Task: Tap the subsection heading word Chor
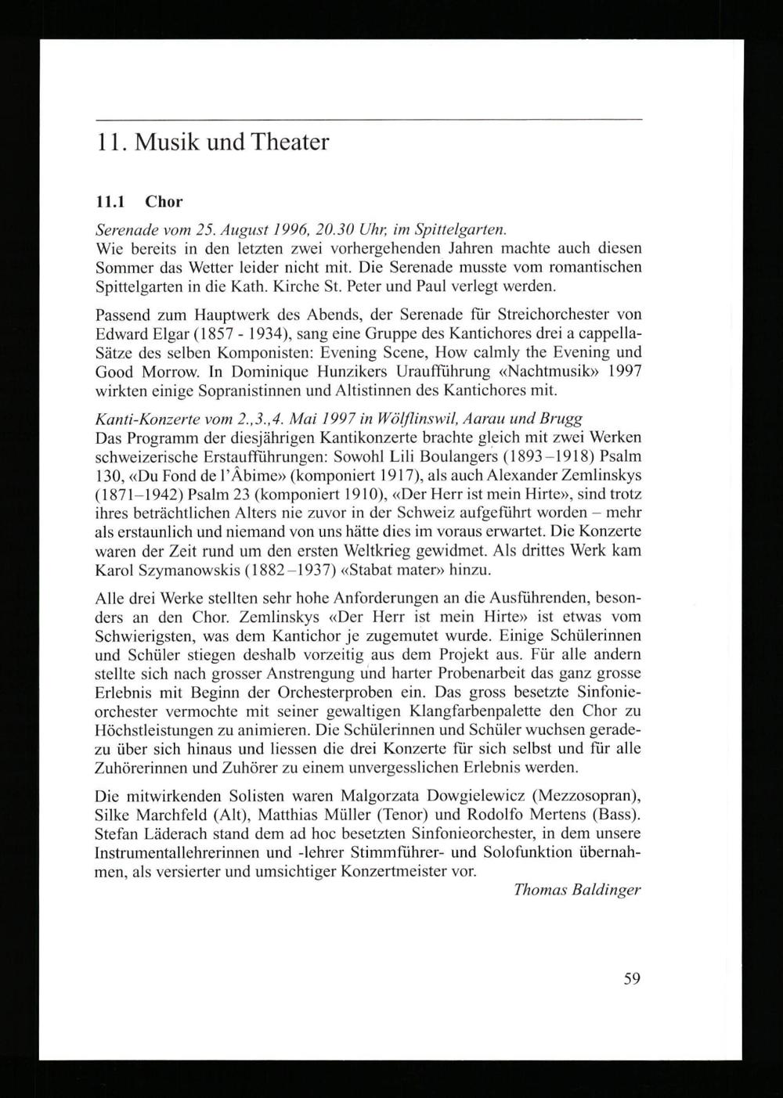click(164, 202)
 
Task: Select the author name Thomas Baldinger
click(578, 890)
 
